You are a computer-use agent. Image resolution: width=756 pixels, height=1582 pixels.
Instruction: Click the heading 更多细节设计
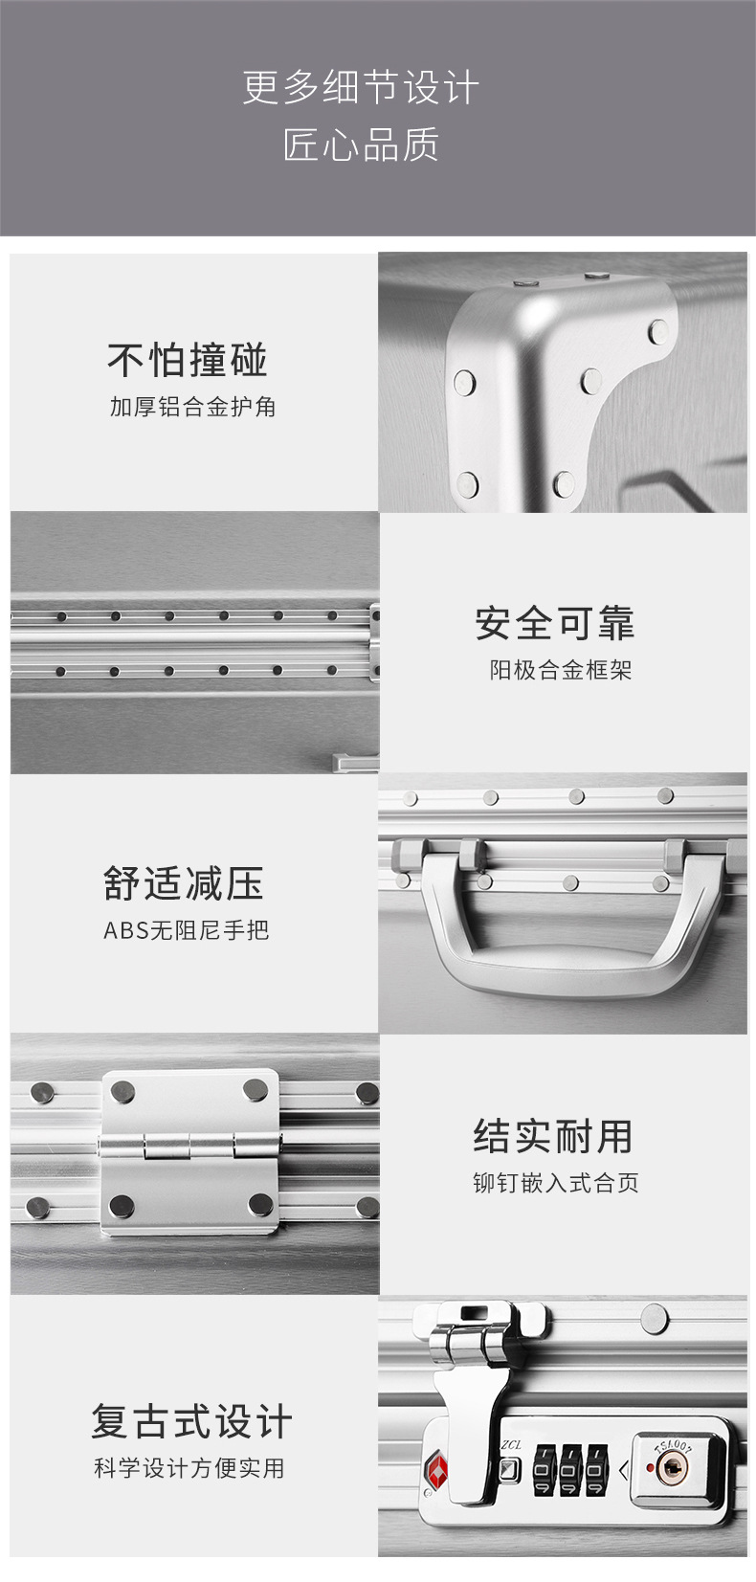point(361,88)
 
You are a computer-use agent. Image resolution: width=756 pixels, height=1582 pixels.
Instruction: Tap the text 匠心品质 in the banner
point(361,145)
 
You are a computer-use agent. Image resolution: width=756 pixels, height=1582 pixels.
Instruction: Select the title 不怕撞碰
point(188,360)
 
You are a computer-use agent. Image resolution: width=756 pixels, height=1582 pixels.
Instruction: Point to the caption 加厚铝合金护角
point(192,407)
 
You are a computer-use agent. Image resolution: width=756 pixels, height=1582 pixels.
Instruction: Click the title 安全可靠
point(555,623)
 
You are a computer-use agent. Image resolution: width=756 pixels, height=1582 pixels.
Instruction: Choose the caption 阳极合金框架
point(561,670)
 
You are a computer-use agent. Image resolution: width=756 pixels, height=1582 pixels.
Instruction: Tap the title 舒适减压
point(184,882)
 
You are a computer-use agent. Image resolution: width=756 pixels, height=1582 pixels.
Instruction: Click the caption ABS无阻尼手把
point(187,929)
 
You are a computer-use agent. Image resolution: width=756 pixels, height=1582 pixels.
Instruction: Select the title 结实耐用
point(553,1136)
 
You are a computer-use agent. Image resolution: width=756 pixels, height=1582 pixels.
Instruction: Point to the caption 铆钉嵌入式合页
point(555,1183)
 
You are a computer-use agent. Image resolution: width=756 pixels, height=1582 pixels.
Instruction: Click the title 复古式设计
point(191,1420)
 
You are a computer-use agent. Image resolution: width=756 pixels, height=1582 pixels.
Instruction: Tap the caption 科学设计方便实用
point(189,1467)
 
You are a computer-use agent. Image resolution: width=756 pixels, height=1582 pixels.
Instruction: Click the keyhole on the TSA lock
point(674,1464)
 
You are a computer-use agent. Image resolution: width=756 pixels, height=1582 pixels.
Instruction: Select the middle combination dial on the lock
point(570,1469)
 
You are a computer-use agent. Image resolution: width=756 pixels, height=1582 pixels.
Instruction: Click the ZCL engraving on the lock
point(510,1444)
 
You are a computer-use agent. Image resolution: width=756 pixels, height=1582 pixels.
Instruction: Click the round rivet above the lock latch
point(655,1317)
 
